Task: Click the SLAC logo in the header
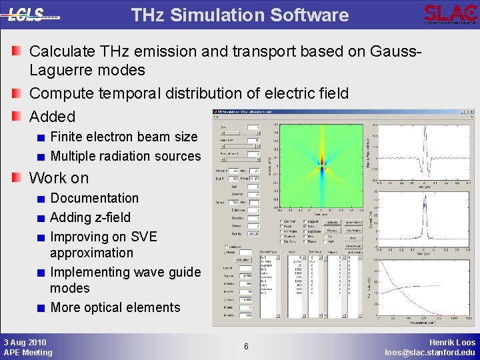pos(450,13)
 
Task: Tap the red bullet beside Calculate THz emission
pos(17,51)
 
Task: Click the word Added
pos(53,116)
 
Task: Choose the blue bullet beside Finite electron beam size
pos(41,137)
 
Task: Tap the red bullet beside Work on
pos(17,178)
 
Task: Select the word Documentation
pos(95,198)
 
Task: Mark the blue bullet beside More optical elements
pos(41,308)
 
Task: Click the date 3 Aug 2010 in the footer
pos(24,341)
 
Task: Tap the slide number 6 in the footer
pos(246,347)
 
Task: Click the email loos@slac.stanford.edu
pos(430,352)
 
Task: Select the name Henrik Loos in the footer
pos(450,341)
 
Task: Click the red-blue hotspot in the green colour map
pos(322,161)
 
